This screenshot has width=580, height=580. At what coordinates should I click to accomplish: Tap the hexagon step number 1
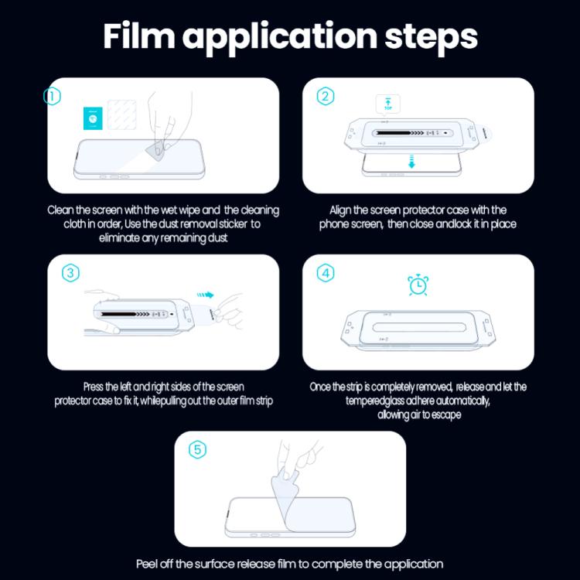tap(52, 97)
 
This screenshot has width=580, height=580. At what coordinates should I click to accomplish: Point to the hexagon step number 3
tap(70, 273)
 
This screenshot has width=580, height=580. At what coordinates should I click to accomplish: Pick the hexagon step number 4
tap(326, 273)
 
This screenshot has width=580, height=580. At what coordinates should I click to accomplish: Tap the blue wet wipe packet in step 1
tap(92, 118)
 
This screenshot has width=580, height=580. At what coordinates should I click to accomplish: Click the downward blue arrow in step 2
tap(411, 161)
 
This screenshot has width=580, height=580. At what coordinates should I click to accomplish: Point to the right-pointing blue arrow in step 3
tap(204, 294)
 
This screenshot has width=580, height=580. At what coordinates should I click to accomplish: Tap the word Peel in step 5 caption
tap(148, 564)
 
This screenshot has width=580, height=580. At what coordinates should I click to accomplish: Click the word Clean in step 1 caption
tap(62, 210)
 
